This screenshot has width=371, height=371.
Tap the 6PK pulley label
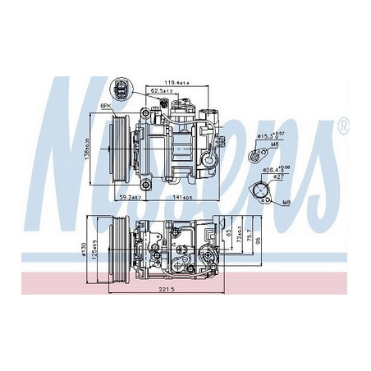[107, 108]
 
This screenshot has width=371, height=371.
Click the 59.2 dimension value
[130, 198]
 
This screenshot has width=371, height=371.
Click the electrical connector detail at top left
[123, 91]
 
